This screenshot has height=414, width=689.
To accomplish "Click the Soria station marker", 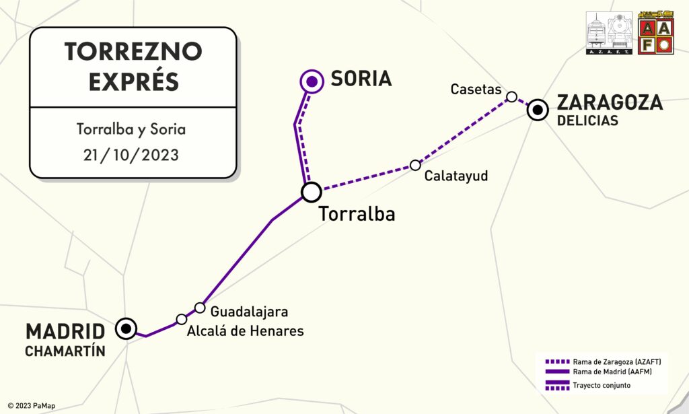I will [x=311, y=82].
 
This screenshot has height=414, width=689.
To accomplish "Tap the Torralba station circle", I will [x=311, y=193].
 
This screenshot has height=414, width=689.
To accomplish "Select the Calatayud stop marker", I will [x=415, y=165].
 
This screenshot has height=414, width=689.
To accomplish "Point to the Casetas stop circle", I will [x=511, y=97].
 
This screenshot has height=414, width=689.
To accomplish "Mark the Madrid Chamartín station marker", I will [x=126, y=329].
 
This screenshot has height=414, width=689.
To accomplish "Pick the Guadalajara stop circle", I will [x=200, y=308].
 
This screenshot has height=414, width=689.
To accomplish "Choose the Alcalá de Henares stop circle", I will [x=181, y=319].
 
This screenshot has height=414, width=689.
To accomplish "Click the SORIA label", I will [x=361, y=79].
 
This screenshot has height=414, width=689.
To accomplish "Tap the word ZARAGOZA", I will [x=610, y=102].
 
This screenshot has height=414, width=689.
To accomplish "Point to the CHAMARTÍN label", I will [x=65, y=351].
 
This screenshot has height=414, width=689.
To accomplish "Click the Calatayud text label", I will [x=456, y=176].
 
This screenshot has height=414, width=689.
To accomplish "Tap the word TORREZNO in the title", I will [x=133, y=52].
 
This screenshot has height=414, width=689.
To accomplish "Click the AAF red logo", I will [x=655, y=33].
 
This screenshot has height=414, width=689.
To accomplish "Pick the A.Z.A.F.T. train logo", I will [x=610, y=33].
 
